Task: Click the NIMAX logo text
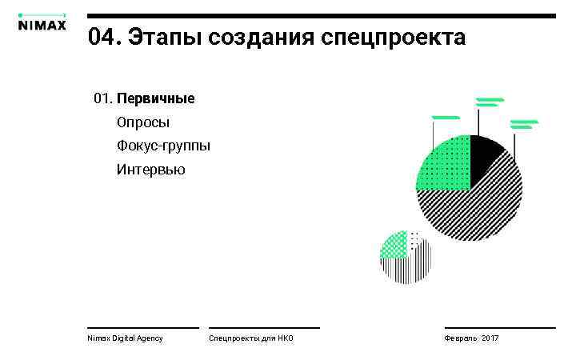click(x=42, y=24)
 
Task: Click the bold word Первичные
click(x=155, y=99)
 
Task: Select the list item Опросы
click(x=143, y=123)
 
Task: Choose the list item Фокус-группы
click(x=163, y=146)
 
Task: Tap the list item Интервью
click(x=150, y=170)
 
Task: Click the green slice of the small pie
click(x=394, y=245)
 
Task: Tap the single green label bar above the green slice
click(x=445, y=118)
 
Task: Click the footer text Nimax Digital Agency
click(x=125, y=338)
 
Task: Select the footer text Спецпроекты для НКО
click(x=251, y=338)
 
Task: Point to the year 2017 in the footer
click(x=490, y=338)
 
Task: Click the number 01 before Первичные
click(x=102, y=99)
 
